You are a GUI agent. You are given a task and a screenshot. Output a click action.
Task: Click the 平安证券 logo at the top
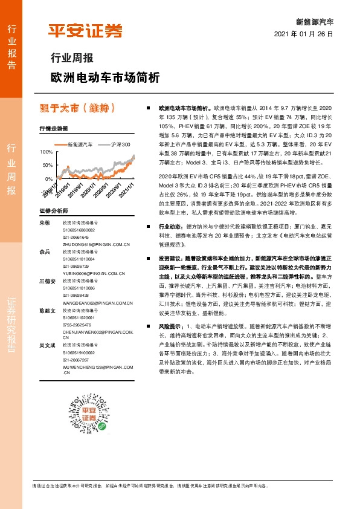85,31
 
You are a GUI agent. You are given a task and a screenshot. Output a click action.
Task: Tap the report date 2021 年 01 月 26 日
304,34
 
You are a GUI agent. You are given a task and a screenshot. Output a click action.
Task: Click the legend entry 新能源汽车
79,145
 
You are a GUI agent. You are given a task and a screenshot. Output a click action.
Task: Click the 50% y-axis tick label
47,165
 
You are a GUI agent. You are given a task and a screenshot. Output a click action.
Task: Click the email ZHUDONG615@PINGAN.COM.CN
97,244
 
